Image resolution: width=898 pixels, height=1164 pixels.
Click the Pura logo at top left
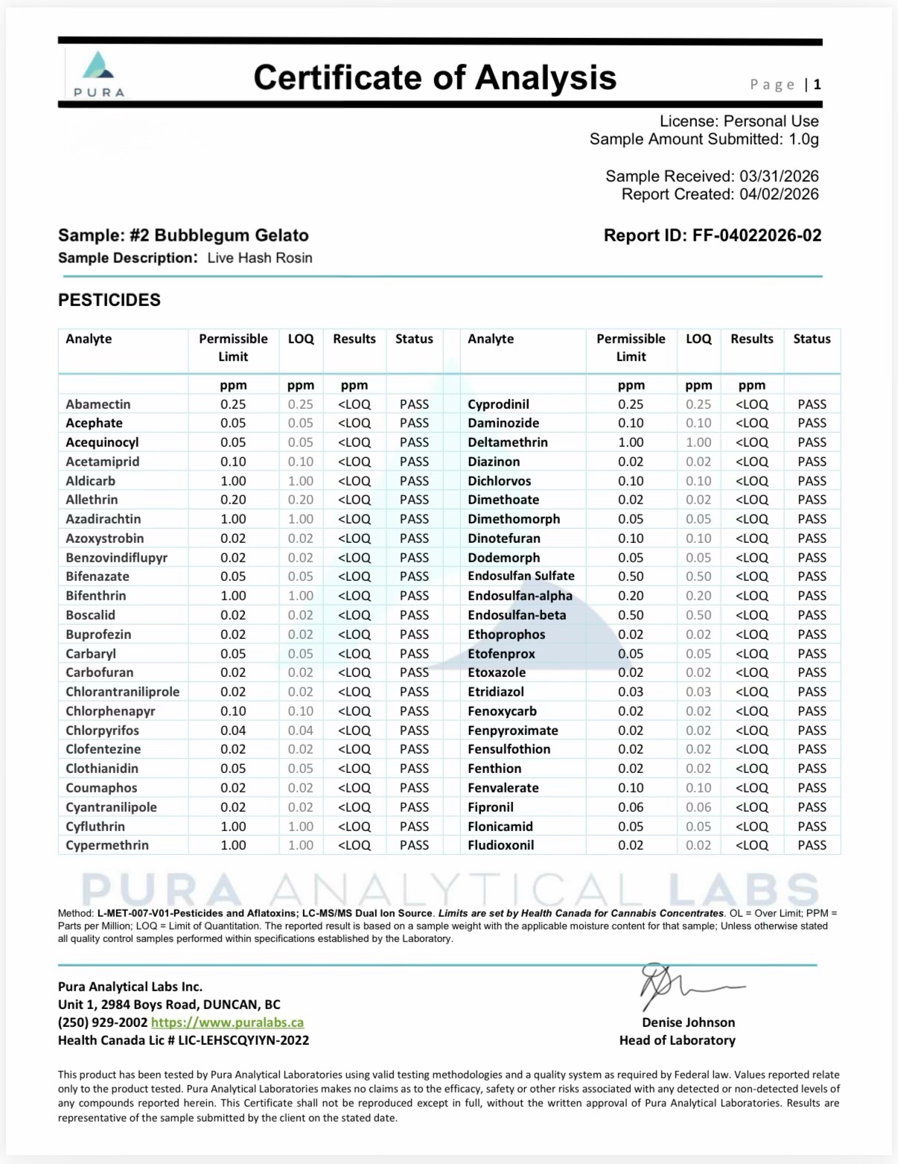click(99, 73)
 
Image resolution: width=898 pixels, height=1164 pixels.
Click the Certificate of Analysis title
click(435, 77)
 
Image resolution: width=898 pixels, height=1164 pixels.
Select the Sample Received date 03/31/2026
click(779, 176)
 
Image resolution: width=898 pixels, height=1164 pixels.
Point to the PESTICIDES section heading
click(109, 300)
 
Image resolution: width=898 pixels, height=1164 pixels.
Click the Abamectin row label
click(98, 404)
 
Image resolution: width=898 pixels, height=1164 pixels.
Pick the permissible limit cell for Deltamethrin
click(631, 442)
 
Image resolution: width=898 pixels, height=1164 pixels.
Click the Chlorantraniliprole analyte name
click(122, 692)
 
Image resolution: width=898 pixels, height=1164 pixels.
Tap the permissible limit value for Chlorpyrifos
click(233, 731)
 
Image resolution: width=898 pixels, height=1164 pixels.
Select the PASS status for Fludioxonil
click(812, 845)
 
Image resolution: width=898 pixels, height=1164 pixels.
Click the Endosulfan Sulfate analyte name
click(521, 576)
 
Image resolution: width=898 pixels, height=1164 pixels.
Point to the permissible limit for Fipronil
click(631, 807)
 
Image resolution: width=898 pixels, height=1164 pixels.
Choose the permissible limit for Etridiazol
click(631, 692)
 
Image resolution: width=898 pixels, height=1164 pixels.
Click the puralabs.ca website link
click(227, 1023)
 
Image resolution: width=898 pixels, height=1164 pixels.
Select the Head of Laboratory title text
click(677, 1040)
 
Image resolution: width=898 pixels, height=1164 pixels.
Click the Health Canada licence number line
click(183, 1040)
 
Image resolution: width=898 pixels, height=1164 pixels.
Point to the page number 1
click(817, 85)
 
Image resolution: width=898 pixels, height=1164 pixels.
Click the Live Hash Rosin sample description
click(260, 258)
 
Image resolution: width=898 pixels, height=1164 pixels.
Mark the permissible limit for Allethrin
click(233, 500)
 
